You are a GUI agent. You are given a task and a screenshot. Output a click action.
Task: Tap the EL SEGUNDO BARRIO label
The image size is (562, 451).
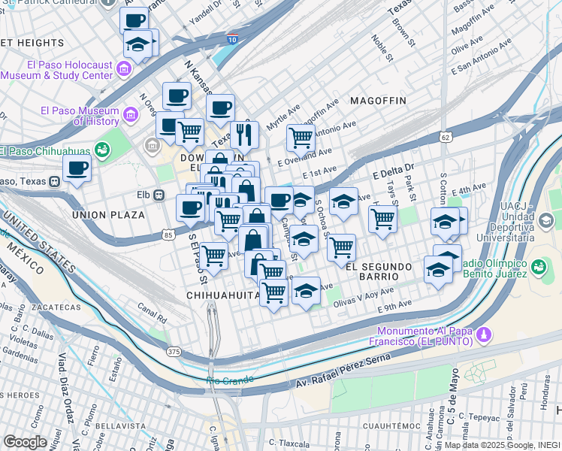(377, 267)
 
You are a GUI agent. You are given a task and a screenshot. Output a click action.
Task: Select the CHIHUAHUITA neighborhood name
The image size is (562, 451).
(223, 296)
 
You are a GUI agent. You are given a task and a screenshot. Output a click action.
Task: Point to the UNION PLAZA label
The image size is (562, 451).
(108, 215)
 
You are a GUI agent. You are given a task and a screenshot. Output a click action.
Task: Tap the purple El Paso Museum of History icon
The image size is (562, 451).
(131, 115)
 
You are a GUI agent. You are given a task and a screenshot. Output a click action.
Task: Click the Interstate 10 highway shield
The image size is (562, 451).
(232, 39)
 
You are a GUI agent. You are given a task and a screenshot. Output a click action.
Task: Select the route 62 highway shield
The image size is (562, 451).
(446, 138)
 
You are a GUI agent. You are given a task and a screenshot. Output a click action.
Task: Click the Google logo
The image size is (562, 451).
(25, 441)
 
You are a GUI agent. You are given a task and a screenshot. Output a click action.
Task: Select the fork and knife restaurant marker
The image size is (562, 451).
(244, 135)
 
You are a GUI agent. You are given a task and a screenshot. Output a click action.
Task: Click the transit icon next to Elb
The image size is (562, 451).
(159, 195)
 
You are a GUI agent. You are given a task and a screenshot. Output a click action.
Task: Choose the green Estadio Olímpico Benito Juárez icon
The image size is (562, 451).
(538, 267)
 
